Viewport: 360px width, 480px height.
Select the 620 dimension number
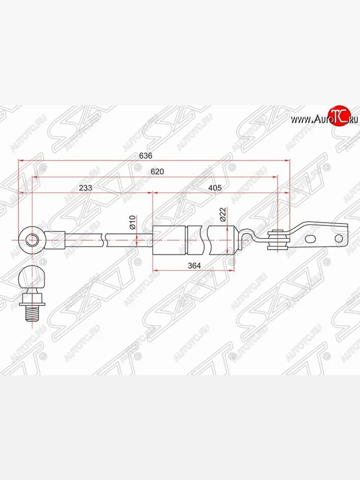pyautogui.click(x=157, y=172)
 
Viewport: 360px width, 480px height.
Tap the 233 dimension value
pyautogui.click(x=85, y=188)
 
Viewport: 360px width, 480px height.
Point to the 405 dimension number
pyautogui.click(x=215, y=188)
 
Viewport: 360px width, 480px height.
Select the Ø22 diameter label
pyautogui.click(x=223, y=216)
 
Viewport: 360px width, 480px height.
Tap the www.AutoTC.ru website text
pyautogui.click(x=324, y=119)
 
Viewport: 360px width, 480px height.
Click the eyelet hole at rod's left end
pyautogui.click(x=32, y=240)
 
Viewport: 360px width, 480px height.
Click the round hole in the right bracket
pyautogui.click(x=338, y=239)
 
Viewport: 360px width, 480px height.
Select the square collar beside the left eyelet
pyautogui.click(x=56, y=240)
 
